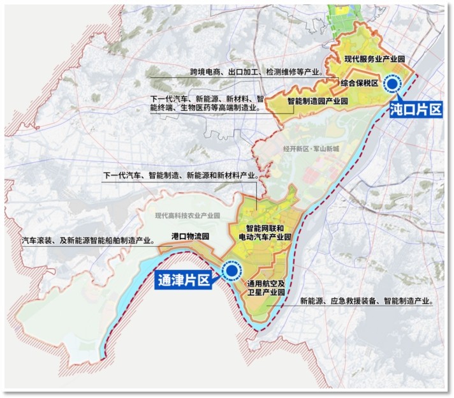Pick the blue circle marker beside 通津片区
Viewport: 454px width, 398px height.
point(230,271)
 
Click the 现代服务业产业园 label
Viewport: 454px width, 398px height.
point(376,59)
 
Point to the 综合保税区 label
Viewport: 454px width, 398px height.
point(360,83)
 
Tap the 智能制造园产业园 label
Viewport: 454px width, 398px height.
point(318,101)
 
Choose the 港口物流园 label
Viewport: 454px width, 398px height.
point(191,236)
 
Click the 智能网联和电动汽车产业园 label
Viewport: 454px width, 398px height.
point(268,232)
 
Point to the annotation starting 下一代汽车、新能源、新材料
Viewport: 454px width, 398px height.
point(207,103)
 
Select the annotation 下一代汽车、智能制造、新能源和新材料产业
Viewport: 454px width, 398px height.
point(180,175)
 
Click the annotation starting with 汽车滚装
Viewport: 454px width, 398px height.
point(88,240)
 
